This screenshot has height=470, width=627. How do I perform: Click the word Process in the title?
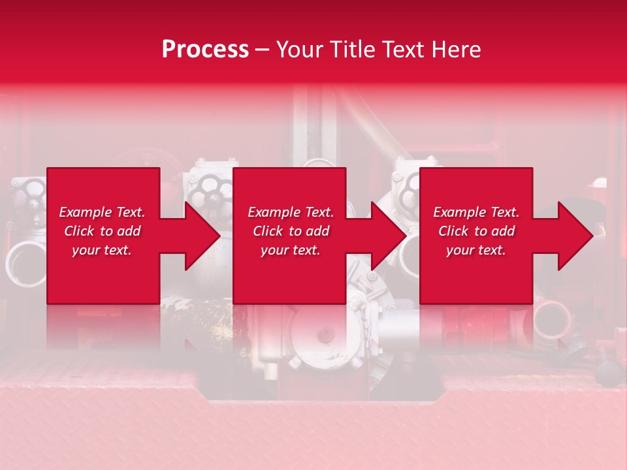[x=205, y=49]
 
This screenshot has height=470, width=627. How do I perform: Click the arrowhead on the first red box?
[x=202, y=236]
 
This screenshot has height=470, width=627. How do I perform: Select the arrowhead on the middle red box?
[x=389, y=236]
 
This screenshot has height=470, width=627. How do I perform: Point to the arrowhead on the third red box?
[x=575, y=236]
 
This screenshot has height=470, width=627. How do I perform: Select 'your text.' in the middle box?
[x=291, y=250]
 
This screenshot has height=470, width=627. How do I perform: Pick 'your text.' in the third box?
[x=476, y=250]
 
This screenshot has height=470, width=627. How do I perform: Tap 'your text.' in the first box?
[x=102, y=250]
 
